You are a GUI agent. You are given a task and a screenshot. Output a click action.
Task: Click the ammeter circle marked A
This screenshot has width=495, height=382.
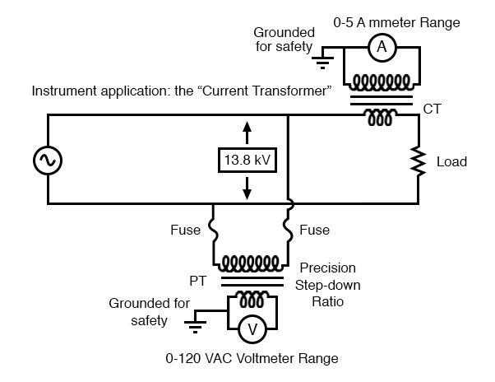click(381, 49)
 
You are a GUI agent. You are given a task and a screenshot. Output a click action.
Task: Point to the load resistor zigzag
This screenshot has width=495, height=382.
click(419, 161)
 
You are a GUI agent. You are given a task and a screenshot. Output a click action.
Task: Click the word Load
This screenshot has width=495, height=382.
click(451, 162)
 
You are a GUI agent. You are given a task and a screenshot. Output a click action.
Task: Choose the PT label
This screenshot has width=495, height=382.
click(198, 281)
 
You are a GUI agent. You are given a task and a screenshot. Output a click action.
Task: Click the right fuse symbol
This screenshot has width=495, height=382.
click(289, 231)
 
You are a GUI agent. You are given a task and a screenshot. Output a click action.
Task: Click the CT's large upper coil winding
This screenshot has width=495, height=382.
click(381, 83)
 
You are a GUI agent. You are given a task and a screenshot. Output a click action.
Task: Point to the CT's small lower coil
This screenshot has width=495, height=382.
click(380, 118)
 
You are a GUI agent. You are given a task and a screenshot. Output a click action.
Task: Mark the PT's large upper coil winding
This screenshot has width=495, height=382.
click(251, 263)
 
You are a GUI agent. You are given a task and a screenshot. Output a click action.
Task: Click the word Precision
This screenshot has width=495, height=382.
click(327, 268)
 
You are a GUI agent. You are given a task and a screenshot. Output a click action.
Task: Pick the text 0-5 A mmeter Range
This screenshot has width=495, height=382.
click(409, 22)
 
